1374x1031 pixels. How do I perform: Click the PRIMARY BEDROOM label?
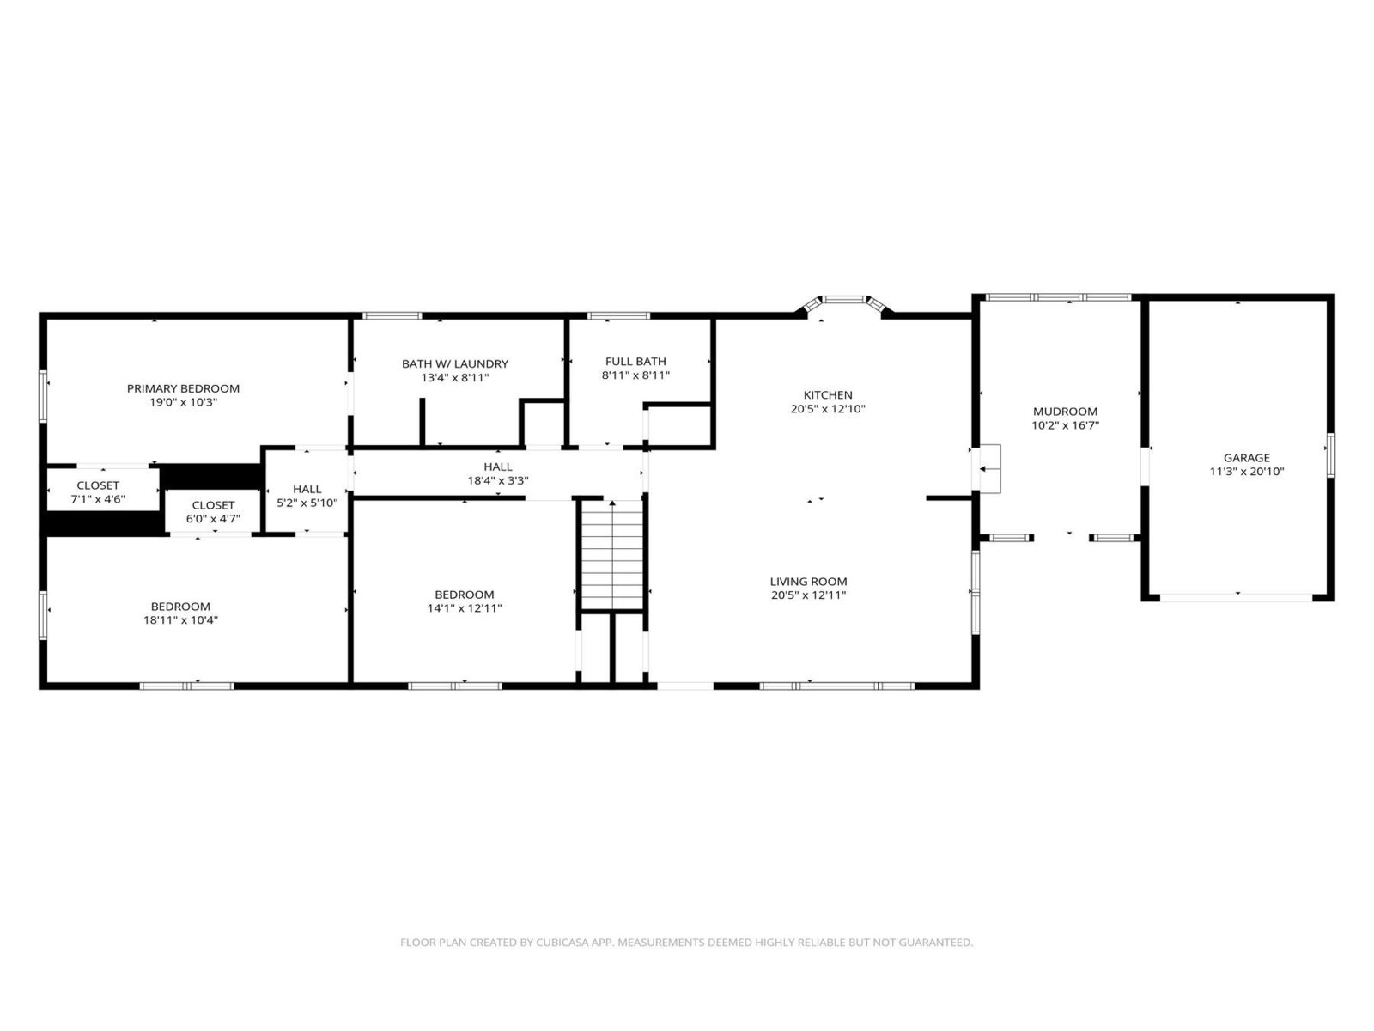[x=183, y=388]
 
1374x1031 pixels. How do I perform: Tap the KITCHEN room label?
[x=828, y=395]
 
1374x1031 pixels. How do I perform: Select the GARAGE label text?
[x=1246, y=458]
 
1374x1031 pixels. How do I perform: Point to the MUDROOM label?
[x=1065, y=412]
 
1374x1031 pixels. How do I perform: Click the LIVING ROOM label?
[x=808, y=582]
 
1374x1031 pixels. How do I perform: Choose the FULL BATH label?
[x=635, y=361]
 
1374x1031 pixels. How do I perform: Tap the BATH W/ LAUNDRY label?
[x=454, y=363]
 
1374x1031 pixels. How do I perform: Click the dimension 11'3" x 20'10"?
[x=1246, y=472]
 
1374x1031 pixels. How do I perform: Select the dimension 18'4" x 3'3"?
[x=497, y=481]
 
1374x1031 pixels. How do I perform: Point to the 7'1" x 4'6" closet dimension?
[x=98, y=499]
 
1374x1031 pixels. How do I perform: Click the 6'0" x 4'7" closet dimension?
[x=213, y=519]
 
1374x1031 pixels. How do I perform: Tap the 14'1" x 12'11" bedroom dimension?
[x=465, y=607]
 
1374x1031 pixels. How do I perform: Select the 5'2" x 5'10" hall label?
[x=307, y=503]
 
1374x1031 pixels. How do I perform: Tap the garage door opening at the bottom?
[x=1236, y=598]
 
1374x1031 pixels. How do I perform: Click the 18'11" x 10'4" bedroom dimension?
[x=180, y=620]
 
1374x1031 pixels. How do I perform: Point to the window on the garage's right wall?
[x=1331, y=455]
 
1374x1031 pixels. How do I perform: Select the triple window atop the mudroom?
[x=1059, y=297]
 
